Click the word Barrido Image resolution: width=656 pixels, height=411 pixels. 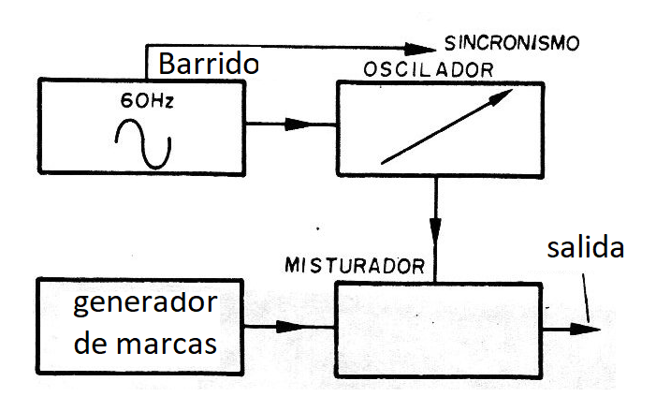pyautogui.click(x=206, y=65)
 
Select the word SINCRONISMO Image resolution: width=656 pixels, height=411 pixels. pyautogui.click(x=512, y=43)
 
